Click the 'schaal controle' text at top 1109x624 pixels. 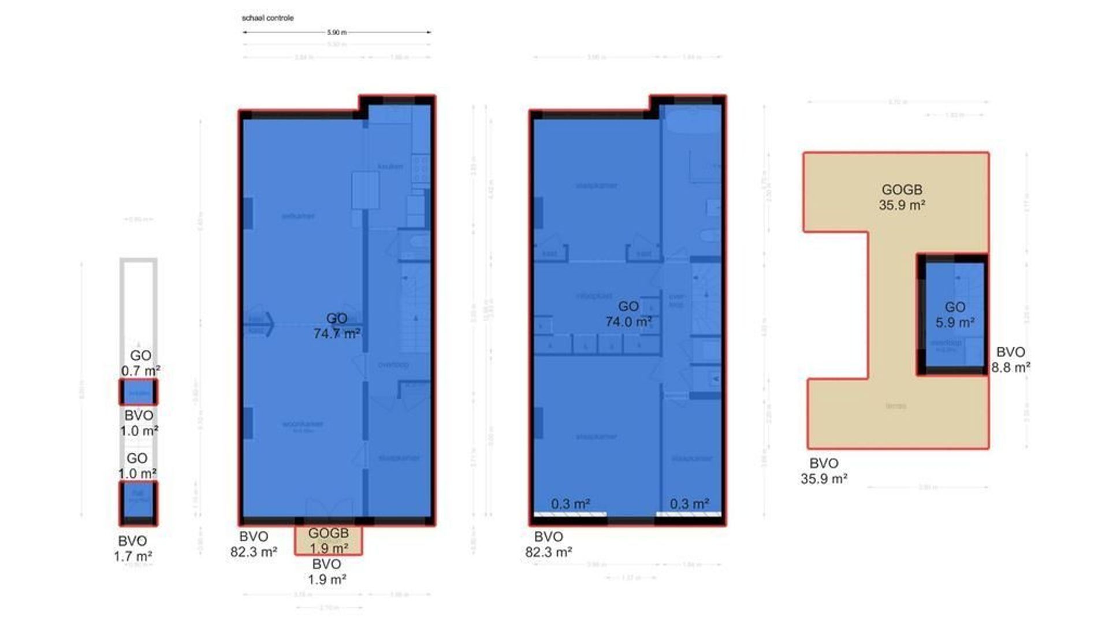point(267,18)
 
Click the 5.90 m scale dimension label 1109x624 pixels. point(337,32)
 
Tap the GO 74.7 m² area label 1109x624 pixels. point(337,326)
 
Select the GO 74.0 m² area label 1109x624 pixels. point(628,314)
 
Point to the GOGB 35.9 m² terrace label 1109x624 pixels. point(902,197)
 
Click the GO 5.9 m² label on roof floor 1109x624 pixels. point(955,315)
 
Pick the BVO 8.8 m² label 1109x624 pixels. point(1011,359)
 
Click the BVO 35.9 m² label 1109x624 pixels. point(824,470)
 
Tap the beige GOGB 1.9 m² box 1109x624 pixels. point(328,540)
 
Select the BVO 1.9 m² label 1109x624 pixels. point(326,571)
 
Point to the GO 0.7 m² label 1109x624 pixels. point(140,363)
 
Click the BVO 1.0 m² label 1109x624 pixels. point(139,423)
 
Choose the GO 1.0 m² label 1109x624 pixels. point(137,466)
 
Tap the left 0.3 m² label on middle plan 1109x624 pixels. point(570,504)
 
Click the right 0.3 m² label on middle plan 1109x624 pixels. point(689,504)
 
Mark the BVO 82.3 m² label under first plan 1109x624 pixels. point(254,544)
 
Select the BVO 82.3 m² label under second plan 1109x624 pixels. point(548,544)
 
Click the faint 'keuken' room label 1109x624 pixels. point(390,166)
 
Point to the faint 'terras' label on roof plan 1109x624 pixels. point(896,406)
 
